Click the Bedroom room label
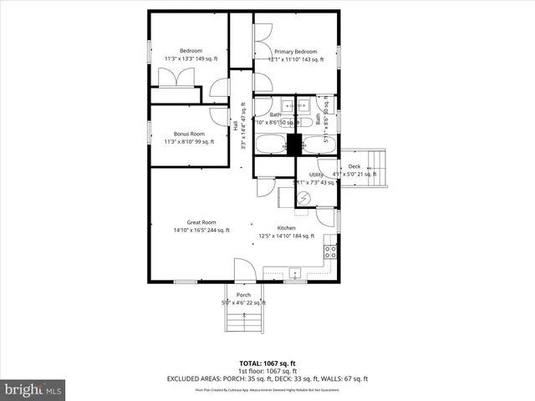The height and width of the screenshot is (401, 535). click(x=191, y=51)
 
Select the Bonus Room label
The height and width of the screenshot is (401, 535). click(x=189, y=134)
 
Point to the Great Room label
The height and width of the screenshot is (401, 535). click(x=201, y=222)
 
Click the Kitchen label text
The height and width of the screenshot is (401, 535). click(x=288, y=228)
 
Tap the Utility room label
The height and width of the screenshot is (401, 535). click(x=316, y=175)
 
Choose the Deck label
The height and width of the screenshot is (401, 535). click(x=354, y=167)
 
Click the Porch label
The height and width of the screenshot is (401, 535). click(x=243, y=295)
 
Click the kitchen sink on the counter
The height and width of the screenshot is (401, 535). click(x=295, y=272)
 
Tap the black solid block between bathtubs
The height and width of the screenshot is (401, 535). click(x=293, y=144)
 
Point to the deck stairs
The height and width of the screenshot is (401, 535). click(x=380, y=170)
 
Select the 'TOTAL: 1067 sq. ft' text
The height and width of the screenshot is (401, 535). click(x=267, y=363)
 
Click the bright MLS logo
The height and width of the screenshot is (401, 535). click(x=33, y=389)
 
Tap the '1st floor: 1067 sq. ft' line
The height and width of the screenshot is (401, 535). click(x=267, y=371)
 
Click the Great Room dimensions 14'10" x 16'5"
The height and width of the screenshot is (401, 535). click(x=201, y=231)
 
